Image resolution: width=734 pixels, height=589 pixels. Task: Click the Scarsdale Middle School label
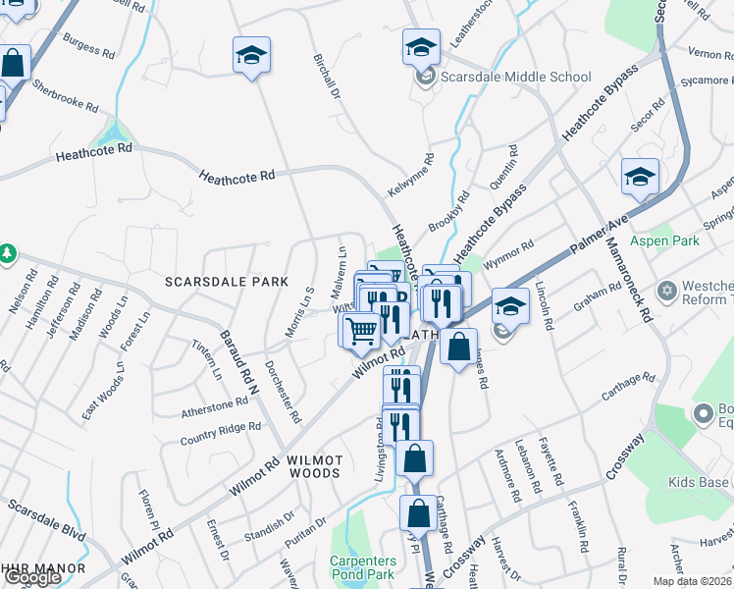(515, 77)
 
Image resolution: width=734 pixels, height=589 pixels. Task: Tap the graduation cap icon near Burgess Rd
(251, 55)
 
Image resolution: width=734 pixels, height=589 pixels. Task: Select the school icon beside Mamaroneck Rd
(640, 178)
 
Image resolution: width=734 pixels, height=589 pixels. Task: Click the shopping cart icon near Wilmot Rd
(361, 332)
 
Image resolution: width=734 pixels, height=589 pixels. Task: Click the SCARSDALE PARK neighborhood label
(227, 282)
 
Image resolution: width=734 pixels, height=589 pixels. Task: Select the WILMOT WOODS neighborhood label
(314, 466)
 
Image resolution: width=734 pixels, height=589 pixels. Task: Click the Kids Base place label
(700, 482)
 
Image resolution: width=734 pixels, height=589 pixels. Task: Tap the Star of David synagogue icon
(667, 293)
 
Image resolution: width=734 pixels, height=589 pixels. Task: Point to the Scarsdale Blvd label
(46, 520)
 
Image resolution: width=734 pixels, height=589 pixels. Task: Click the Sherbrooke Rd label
(64, 96)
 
